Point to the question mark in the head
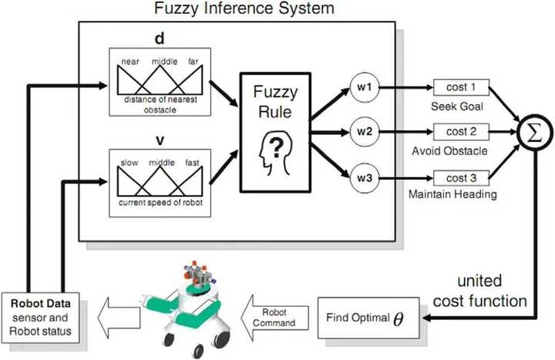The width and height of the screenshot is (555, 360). coord(277,148)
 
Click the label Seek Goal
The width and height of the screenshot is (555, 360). coord(457,106)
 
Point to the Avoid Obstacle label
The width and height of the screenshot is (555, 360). coord(449,151)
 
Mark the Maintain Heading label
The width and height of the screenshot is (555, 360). coord(452,194)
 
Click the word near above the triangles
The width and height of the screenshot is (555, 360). coord(130,62)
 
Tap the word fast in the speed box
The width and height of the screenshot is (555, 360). coord(192,163)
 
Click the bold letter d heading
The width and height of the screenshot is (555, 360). coord(160,39)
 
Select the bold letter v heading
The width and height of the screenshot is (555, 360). coord(160,141)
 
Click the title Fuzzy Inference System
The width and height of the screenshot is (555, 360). coord(244,8)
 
